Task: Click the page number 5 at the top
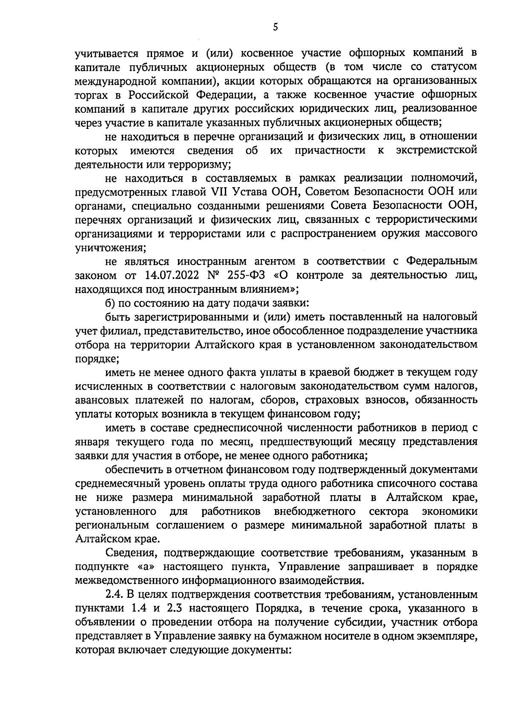coord(275,27)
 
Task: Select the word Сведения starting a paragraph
coord(131,553)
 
